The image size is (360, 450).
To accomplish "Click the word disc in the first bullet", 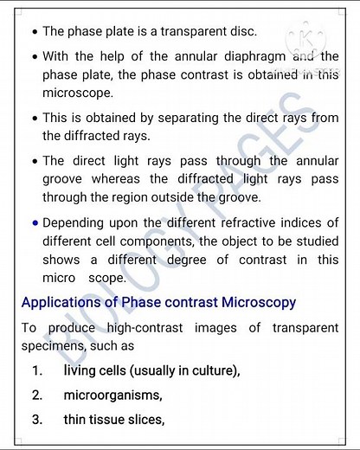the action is [243, 31].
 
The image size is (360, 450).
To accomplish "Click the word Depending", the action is [75, 222].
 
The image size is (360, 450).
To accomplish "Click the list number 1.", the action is [37, 371].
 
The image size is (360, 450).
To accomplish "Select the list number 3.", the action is [37, 420].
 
